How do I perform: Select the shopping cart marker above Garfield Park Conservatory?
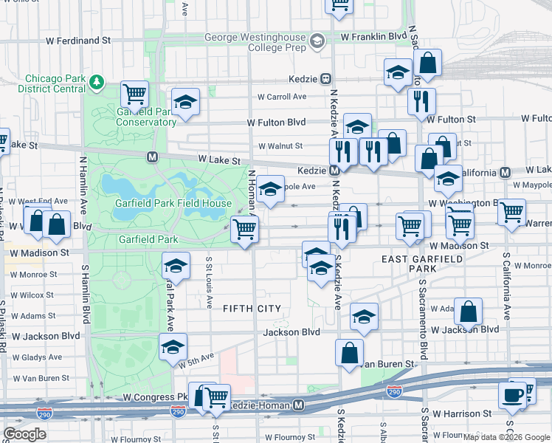pyautogui.click(x=135, y=95)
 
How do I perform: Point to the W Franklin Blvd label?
pyautogui.click(x=373, y=36)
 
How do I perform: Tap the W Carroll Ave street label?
pyautogui.click(x=281, y=97)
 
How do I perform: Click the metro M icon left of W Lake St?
pyautogui.click(x=153, y=157)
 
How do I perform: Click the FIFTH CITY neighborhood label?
pyautogui.click(x=252, y=308)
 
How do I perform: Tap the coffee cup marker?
pyautogui.click(x=512, y=395)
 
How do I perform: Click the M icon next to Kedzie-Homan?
pyautogui.click(x=298, y=405)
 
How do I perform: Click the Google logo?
pyautogui.click(x=24, y=434)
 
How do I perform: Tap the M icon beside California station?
pyautogui.click(x=505, y=172)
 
